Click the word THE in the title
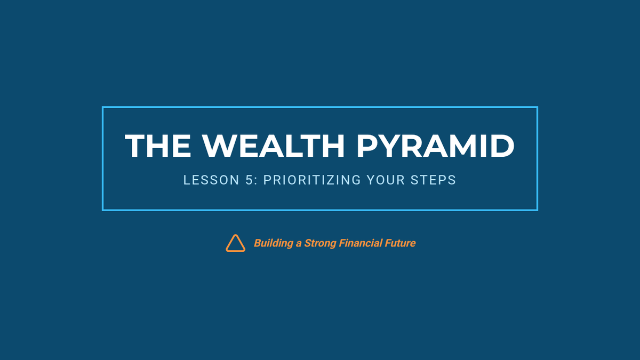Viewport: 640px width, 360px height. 158,146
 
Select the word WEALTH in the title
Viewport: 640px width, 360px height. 274,146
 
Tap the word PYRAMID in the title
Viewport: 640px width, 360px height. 435,146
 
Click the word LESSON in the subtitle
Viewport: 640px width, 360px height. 211,180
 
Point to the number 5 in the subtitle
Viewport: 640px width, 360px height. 249,180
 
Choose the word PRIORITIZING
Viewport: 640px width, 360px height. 312,180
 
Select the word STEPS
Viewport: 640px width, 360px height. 433,180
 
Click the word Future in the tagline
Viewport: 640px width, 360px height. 401,243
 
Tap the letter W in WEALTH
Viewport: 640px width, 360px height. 218,146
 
